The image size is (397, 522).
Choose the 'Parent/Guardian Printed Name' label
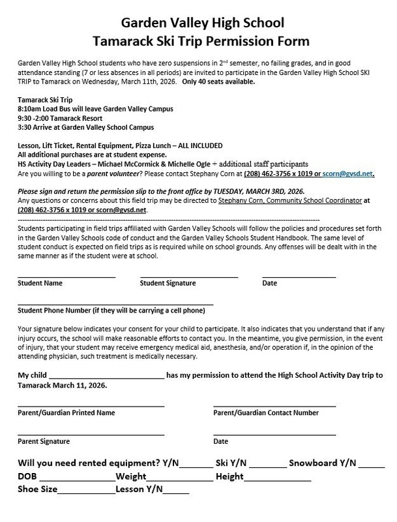click(x=66, y=413)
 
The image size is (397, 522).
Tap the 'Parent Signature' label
click(x=44, y=441)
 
